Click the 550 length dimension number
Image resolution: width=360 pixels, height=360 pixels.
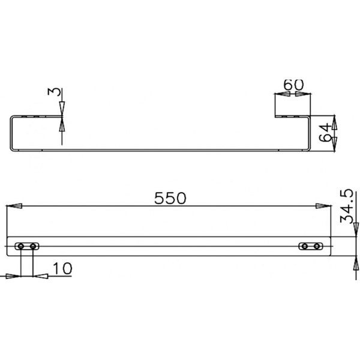click(172, 197)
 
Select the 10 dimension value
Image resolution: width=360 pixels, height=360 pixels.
click(62, 268)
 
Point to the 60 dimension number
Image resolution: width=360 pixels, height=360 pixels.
click(292, 85)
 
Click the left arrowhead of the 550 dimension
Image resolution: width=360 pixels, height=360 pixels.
click(15, 206)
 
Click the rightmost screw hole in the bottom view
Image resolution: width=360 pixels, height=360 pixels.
click(317, 246)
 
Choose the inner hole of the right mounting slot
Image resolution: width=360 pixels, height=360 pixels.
click(305, 246)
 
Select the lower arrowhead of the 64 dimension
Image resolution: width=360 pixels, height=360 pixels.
click(335, 142)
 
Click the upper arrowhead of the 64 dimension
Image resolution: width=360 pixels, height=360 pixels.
click(335, 123)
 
